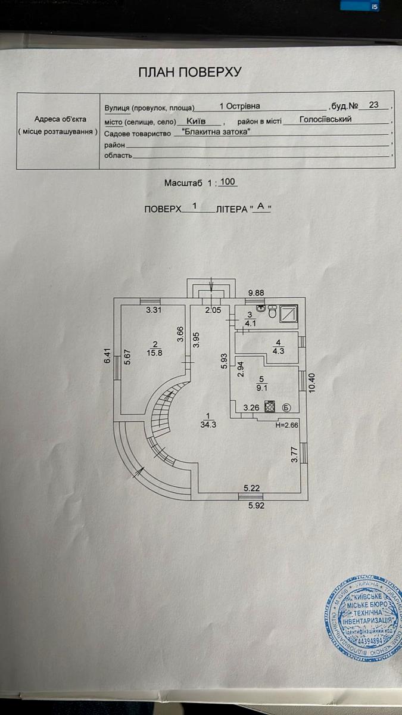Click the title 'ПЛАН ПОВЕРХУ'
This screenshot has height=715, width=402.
click(189, 73)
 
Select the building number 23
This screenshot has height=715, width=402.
click(374, 105)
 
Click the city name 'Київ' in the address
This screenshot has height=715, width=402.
click(190, 120)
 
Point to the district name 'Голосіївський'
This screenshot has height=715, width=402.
click(325, 119)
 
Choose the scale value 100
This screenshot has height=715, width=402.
click(228, 182)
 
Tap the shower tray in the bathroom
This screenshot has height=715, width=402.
click(289, 313)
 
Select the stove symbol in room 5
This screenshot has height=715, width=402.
click(270, 408)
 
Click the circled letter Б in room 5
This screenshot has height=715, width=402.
click(286, 408)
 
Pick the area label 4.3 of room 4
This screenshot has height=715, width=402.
click(278, 351)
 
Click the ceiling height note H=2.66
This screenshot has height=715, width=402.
click(286, 425)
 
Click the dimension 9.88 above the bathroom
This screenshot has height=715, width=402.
click(255, 293)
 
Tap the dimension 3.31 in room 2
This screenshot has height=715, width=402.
click(155, 310)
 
